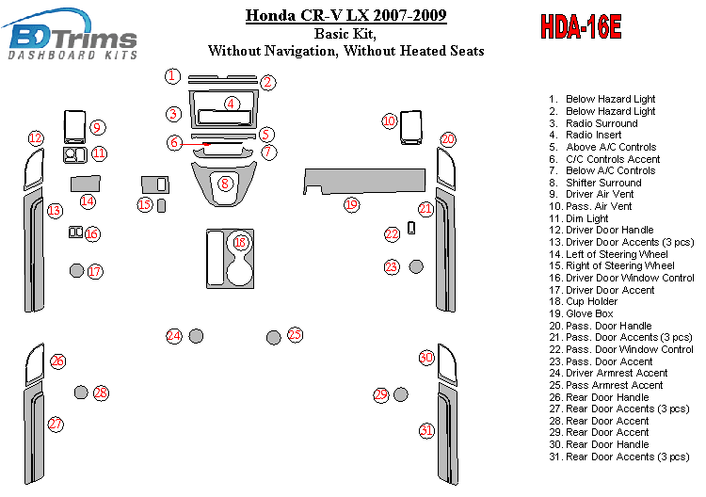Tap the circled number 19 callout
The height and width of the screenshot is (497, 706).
pyautogui.click(x=351, y=204)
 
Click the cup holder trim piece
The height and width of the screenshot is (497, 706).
pyautogui.click(x=230, y=257)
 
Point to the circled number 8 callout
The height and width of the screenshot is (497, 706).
pyautogui.click(x=225, y=184)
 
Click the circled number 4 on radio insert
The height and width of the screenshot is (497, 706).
pyautogui.click(x=231, y=104)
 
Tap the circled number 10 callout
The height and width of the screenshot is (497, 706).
pyautogui.click(x=389, y=120)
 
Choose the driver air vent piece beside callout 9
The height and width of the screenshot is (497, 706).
pyautogui.click(x=73, y=126)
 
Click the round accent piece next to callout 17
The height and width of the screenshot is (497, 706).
pyautogui.click(x=76, y=272)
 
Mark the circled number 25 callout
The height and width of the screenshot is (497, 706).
pyautogui.click(x=295, y=334)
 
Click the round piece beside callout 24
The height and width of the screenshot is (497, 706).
pyautogui.click(x=197, y=336)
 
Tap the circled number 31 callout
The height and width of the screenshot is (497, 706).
pyautogui.click(x=427, y=430)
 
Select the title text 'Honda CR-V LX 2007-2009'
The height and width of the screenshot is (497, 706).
pyautogui.click(x=346, y=15)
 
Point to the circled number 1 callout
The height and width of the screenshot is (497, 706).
pyautogui.click(x=171, y=75)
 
